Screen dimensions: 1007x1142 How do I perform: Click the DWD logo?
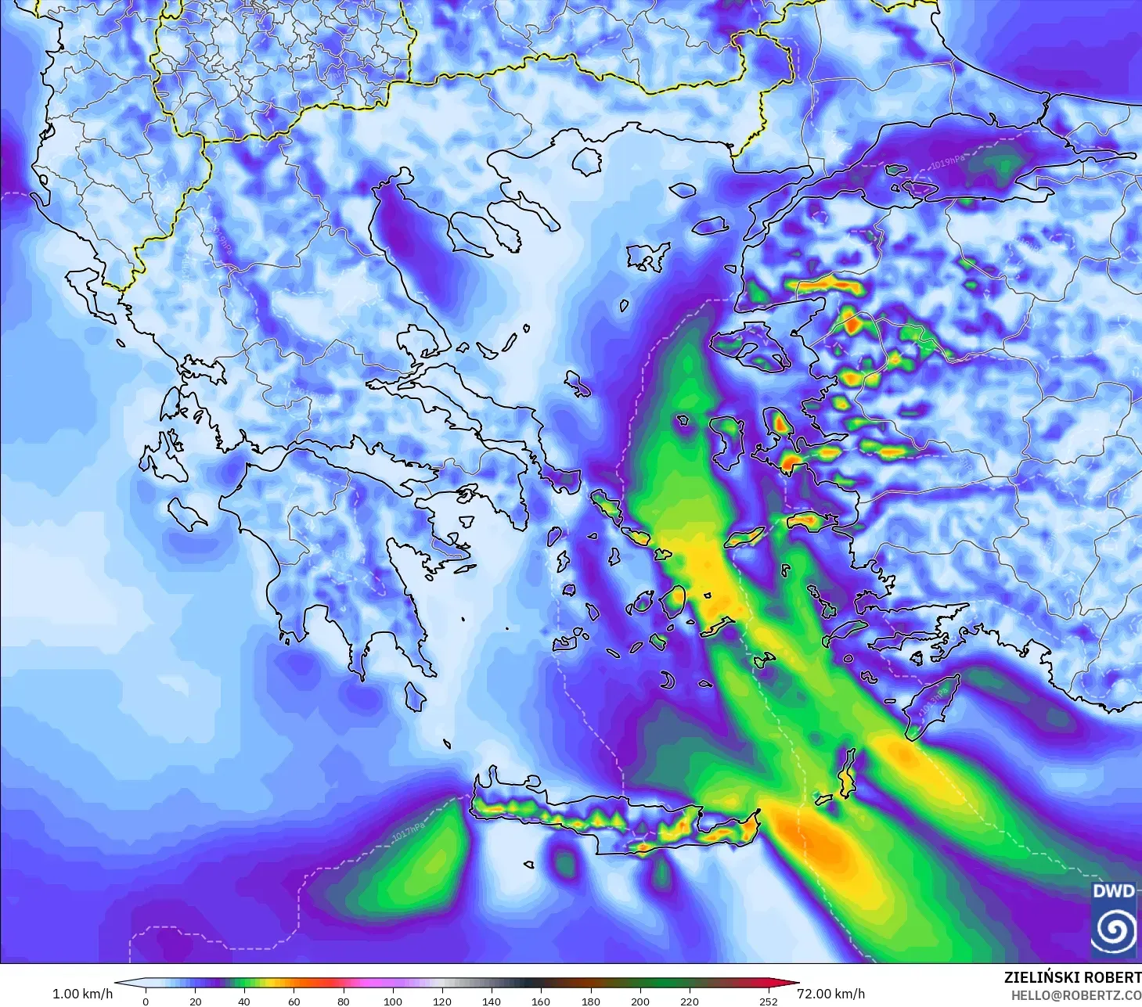(x=1115, y=919)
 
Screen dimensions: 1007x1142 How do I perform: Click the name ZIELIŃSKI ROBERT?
(x=1072, y=977)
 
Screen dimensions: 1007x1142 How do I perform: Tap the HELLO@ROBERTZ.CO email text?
(x=1076, y=994)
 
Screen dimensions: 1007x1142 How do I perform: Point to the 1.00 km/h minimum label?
(x=82, y=994)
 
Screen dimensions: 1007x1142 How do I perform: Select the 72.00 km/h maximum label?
(x=830, y=994)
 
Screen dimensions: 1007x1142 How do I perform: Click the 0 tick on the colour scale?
(x=146, y=1001)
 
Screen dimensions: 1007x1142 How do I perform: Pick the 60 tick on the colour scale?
(x=294, y=1001)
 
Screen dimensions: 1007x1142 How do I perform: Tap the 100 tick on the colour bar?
(x=393, y=1001)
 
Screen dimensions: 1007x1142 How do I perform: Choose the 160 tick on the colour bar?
(x=541, y=1001)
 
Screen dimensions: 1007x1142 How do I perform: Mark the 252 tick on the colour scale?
(x=769, y=1001)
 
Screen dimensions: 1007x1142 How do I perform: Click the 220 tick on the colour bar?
(x=690, y=1001)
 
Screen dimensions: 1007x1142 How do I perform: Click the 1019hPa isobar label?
(x=947, y=162)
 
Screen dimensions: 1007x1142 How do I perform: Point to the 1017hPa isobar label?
(x=409, y=833)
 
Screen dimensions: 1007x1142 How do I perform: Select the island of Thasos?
(x=587, y=160)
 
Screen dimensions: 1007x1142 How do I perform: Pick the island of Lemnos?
(x=648, y=256)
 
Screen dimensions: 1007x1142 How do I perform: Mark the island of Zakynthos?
(x=188, y=512)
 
